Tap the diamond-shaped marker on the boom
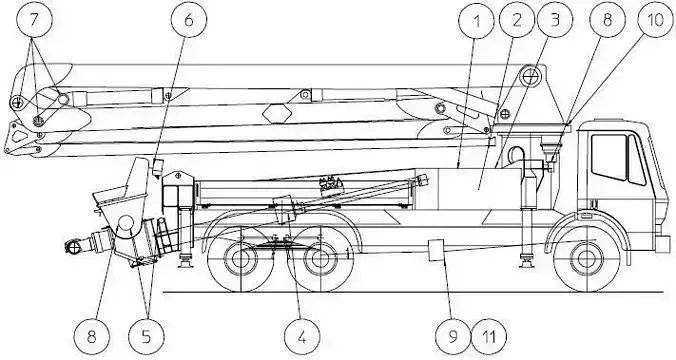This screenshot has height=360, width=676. pos(278,112)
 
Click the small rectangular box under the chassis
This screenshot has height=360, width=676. pos(436,249)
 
